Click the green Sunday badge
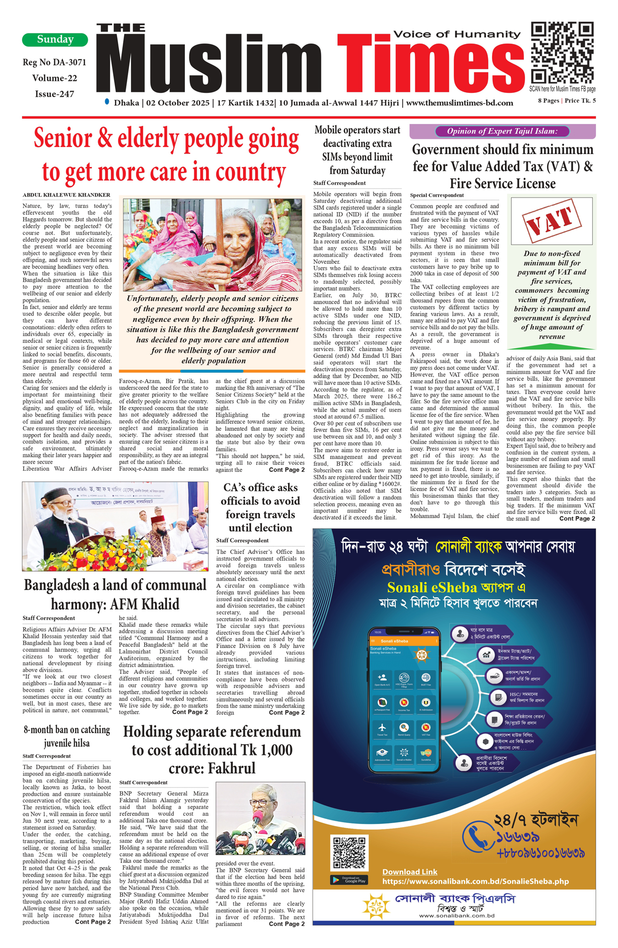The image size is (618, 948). pos(55,40)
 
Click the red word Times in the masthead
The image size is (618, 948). pos(430,64)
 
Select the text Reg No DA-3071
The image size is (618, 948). pos(54,62)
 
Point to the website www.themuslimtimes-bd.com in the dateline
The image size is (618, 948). pos(459,103)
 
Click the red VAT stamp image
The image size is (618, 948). pos(552,221)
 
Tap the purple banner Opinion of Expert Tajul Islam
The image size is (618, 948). pos(502,131)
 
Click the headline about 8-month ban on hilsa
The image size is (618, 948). pos(67,736)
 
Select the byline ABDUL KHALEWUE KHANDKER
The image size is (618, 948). pos(66,195)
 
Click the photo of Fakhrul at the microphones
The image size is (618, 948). pos(260,818)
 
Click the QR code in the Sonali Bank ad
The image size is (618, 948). pos(349,852)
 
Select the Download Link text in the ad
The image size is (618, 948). pos(410,872)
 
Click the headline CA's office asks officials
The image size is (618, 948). pos(260,507)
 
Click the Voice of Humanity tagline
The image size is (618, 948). pos(457,34)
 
